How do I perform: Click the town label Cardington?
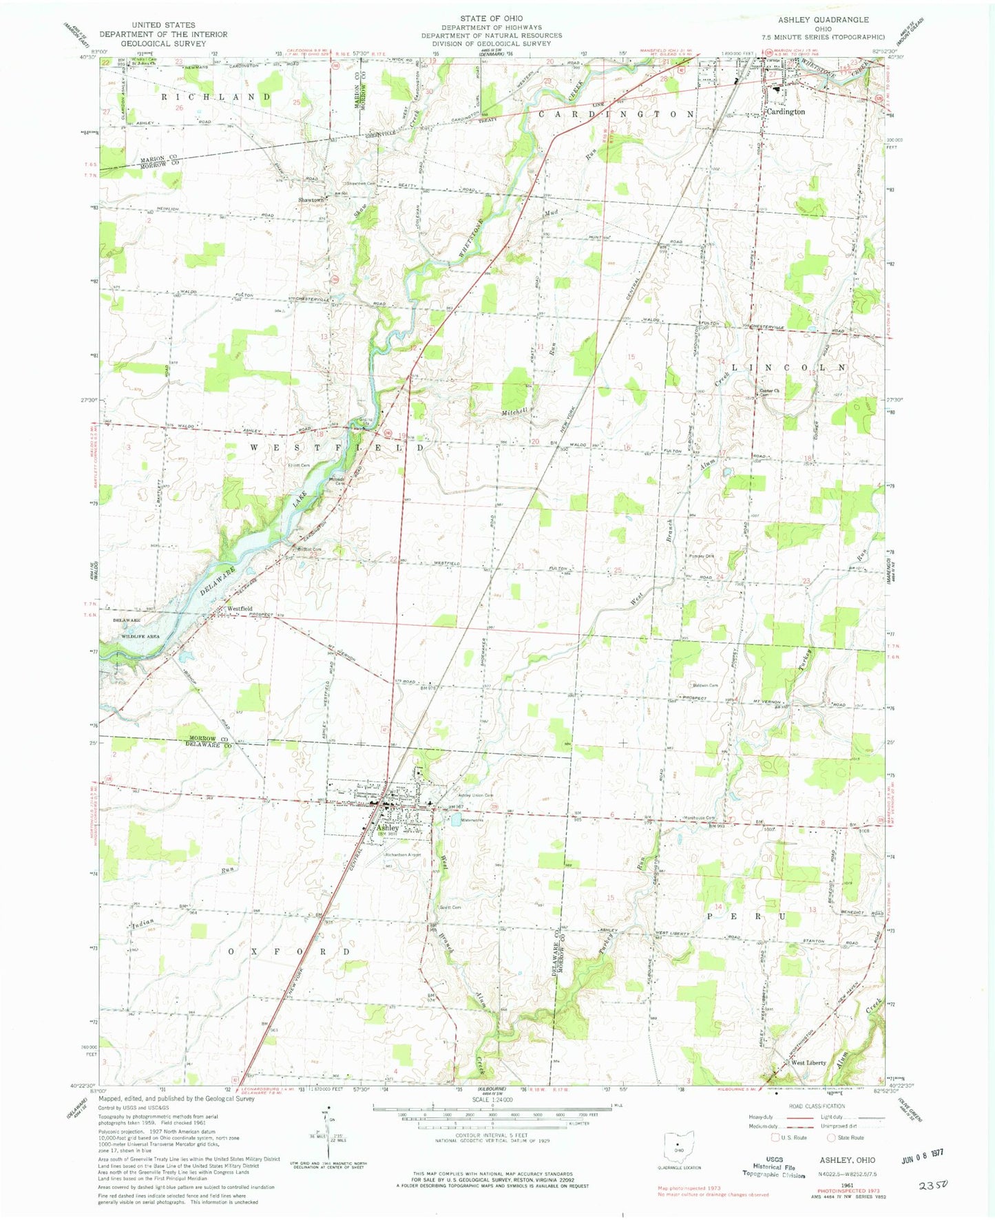tap(786, 112)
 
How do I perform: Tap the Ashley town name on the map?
tap(387, 828)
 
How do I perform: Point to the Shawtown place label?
tap(311, 200)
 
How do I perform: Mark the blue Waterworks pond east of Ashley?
tap(455, 820)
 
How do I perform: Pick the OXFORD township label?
tap(288, 951)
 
